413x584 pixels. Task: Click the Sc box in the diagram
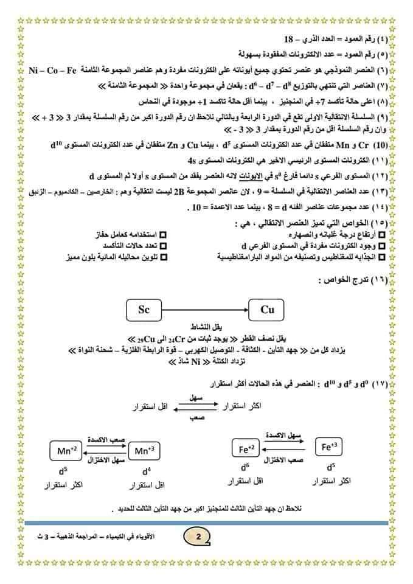point(144,310)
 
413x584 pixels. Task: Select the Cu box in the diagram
point(268,310)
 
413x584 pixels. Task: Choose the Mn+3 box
point(145,451)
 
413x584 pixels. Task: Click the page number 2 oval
point(198,535)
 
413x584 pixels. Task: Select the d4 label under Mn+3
point(146,471)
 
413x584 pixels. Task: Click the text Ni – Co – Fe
point(53,71)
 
